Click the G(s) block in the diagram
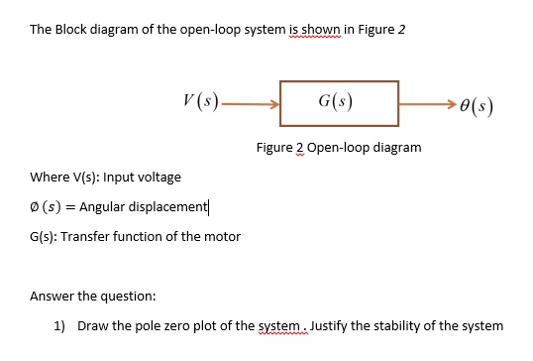(339, 103)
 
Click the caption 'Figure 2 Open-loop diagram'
(338, 147)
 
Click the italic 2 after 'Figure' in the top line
(402, 29)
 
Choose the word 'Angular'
(101, 206)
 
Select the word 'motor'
(223, 236)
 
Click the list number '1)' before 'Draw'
(58, 325)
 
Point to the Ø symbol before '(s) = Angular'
(35, 206)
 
